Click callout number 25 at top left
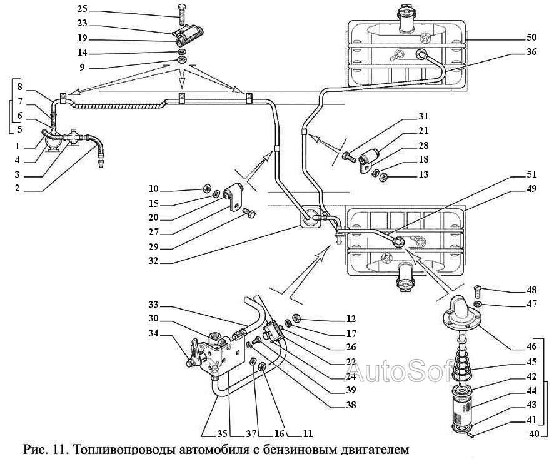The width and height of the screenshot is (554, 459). tap(83, 10)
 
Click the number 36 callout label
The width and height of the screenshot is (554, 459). tap(531, 52)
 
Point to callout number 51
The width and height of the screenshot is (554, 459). tap(531, 176)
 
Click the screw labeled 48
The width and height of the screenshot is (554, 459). tap(477, 290)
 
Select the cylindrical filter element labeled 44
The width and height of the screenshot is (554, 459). tap(463, 406)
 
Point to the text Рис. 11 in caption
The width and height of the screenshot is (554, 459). tap(46, 449)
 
